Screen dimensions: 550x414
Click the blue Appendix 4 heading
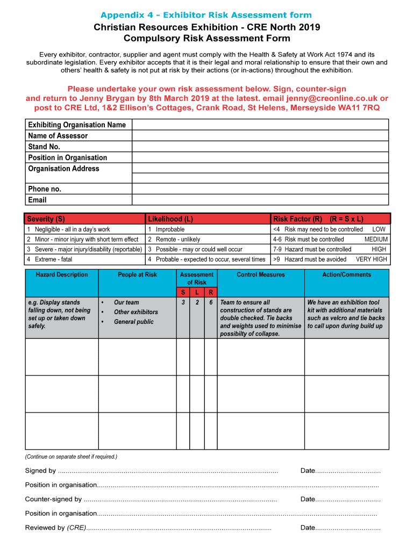206,15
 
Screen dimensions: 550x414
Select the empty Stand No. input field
260,147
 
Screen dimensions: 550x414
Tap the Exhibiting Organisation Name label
77,125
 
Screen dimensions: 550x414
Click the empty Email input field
260,200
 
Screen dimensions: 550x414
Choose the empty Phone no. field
260,189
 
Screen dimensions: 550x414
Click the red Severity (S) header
85,219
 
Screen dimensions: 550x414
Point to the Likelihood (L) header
208,219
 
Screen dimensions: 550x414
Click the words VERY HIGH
371,259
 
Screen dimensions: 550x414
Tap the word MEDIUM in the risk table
375,240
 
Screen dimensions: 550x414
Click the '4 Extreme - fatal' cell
85,259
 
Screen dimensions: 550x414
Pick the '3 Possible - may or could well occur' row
208,249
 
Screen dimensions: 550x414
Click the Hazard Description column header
62,275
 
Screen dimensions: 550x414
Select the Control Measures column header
261,275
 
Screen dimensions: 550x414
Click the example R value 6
211,302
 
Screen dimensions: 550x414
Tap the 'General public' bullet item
133,322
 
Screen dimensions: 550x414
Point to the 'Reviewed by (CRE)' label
55,527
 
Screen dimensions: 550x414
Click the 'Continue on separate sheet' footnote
71,457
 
